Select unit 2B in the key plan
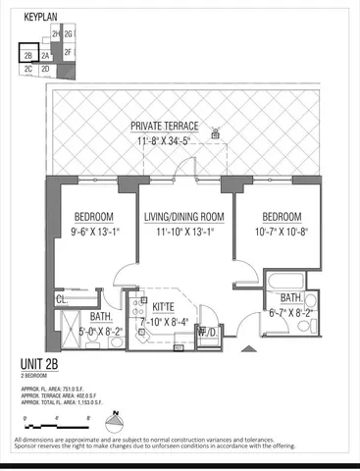pos(29,57)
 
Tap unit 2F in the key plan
pos(69,52)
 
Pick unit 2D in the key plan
pos(46,70)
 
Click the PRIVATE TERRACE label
pos(165,127)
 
